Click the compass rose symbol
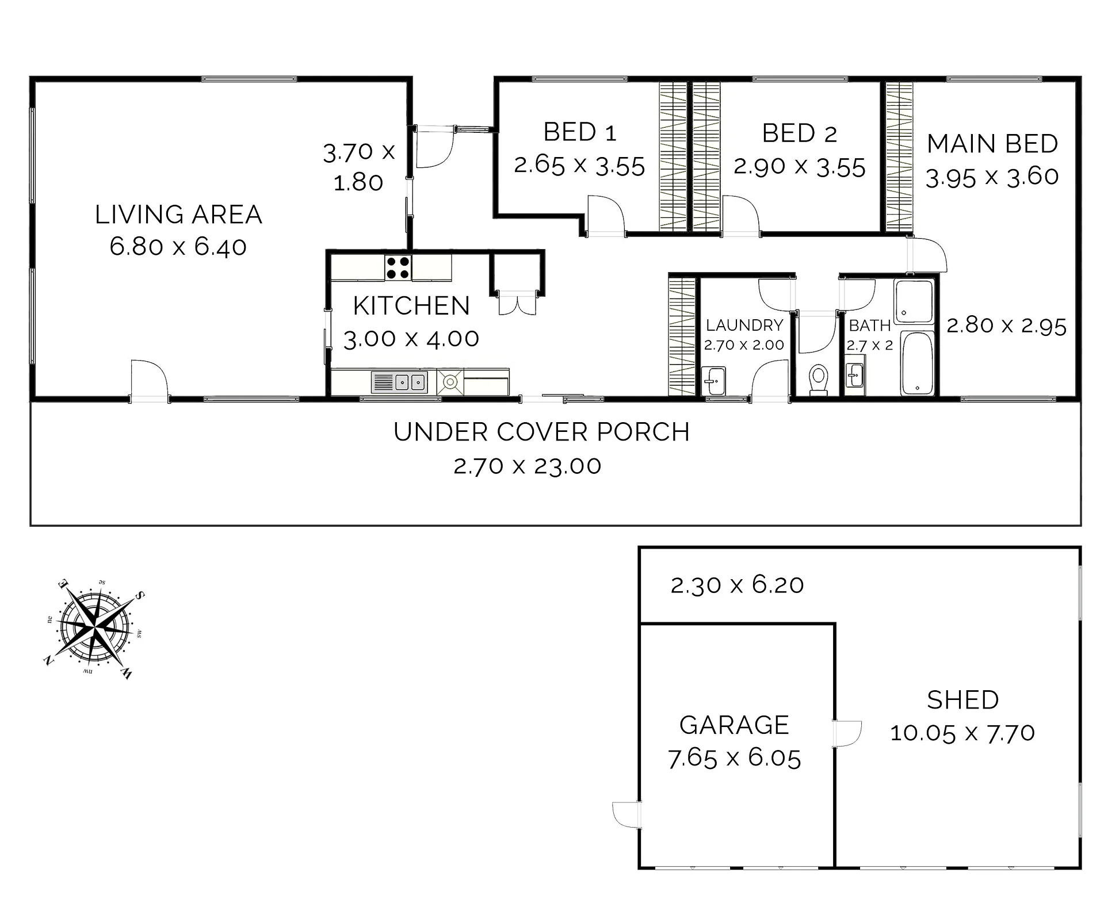95,630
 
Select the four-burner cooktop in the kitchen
398,267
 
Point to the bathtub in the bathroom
917,363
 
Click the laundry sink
713,381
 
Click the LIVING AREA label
178,215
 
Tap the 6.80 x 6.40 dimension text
178,247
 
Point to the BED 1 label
580,132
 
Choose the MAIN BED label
992,144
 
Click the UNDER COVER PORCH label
541,432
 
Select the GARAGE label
734,725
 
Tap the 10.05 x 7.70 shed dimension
962,733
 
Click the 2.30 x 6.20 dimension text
737,585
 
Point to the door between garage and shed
847,734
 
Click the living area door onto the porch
149,381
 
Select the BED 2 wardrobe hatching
706,157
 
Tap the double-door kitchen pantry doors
517,303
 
